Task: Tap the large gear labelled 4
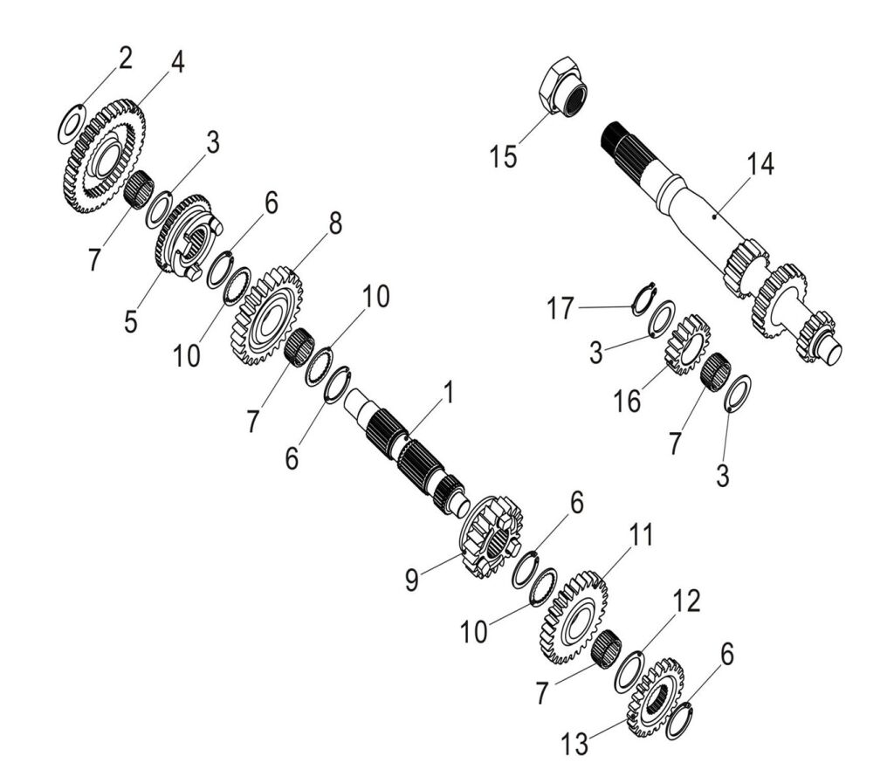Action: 104,156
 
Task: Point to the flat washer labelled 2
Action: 72,123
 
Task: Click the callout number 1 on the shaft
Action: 449,393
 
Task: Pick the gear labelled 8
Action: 266,317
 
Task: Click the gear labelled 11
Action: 572,617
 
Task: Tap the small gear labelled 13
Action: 655,697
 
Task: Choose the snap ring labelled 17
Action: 644,299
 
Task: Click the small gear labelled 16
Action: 688,344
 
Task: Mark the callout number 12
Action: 686,601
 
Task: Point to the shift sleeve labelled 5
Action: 189,237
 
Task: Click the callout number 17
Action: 560,309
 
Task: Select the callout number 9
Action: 412,580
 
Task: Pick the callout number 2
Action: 125,58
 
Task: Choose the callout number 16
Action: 627,401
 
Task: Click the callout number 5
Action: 131,322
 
